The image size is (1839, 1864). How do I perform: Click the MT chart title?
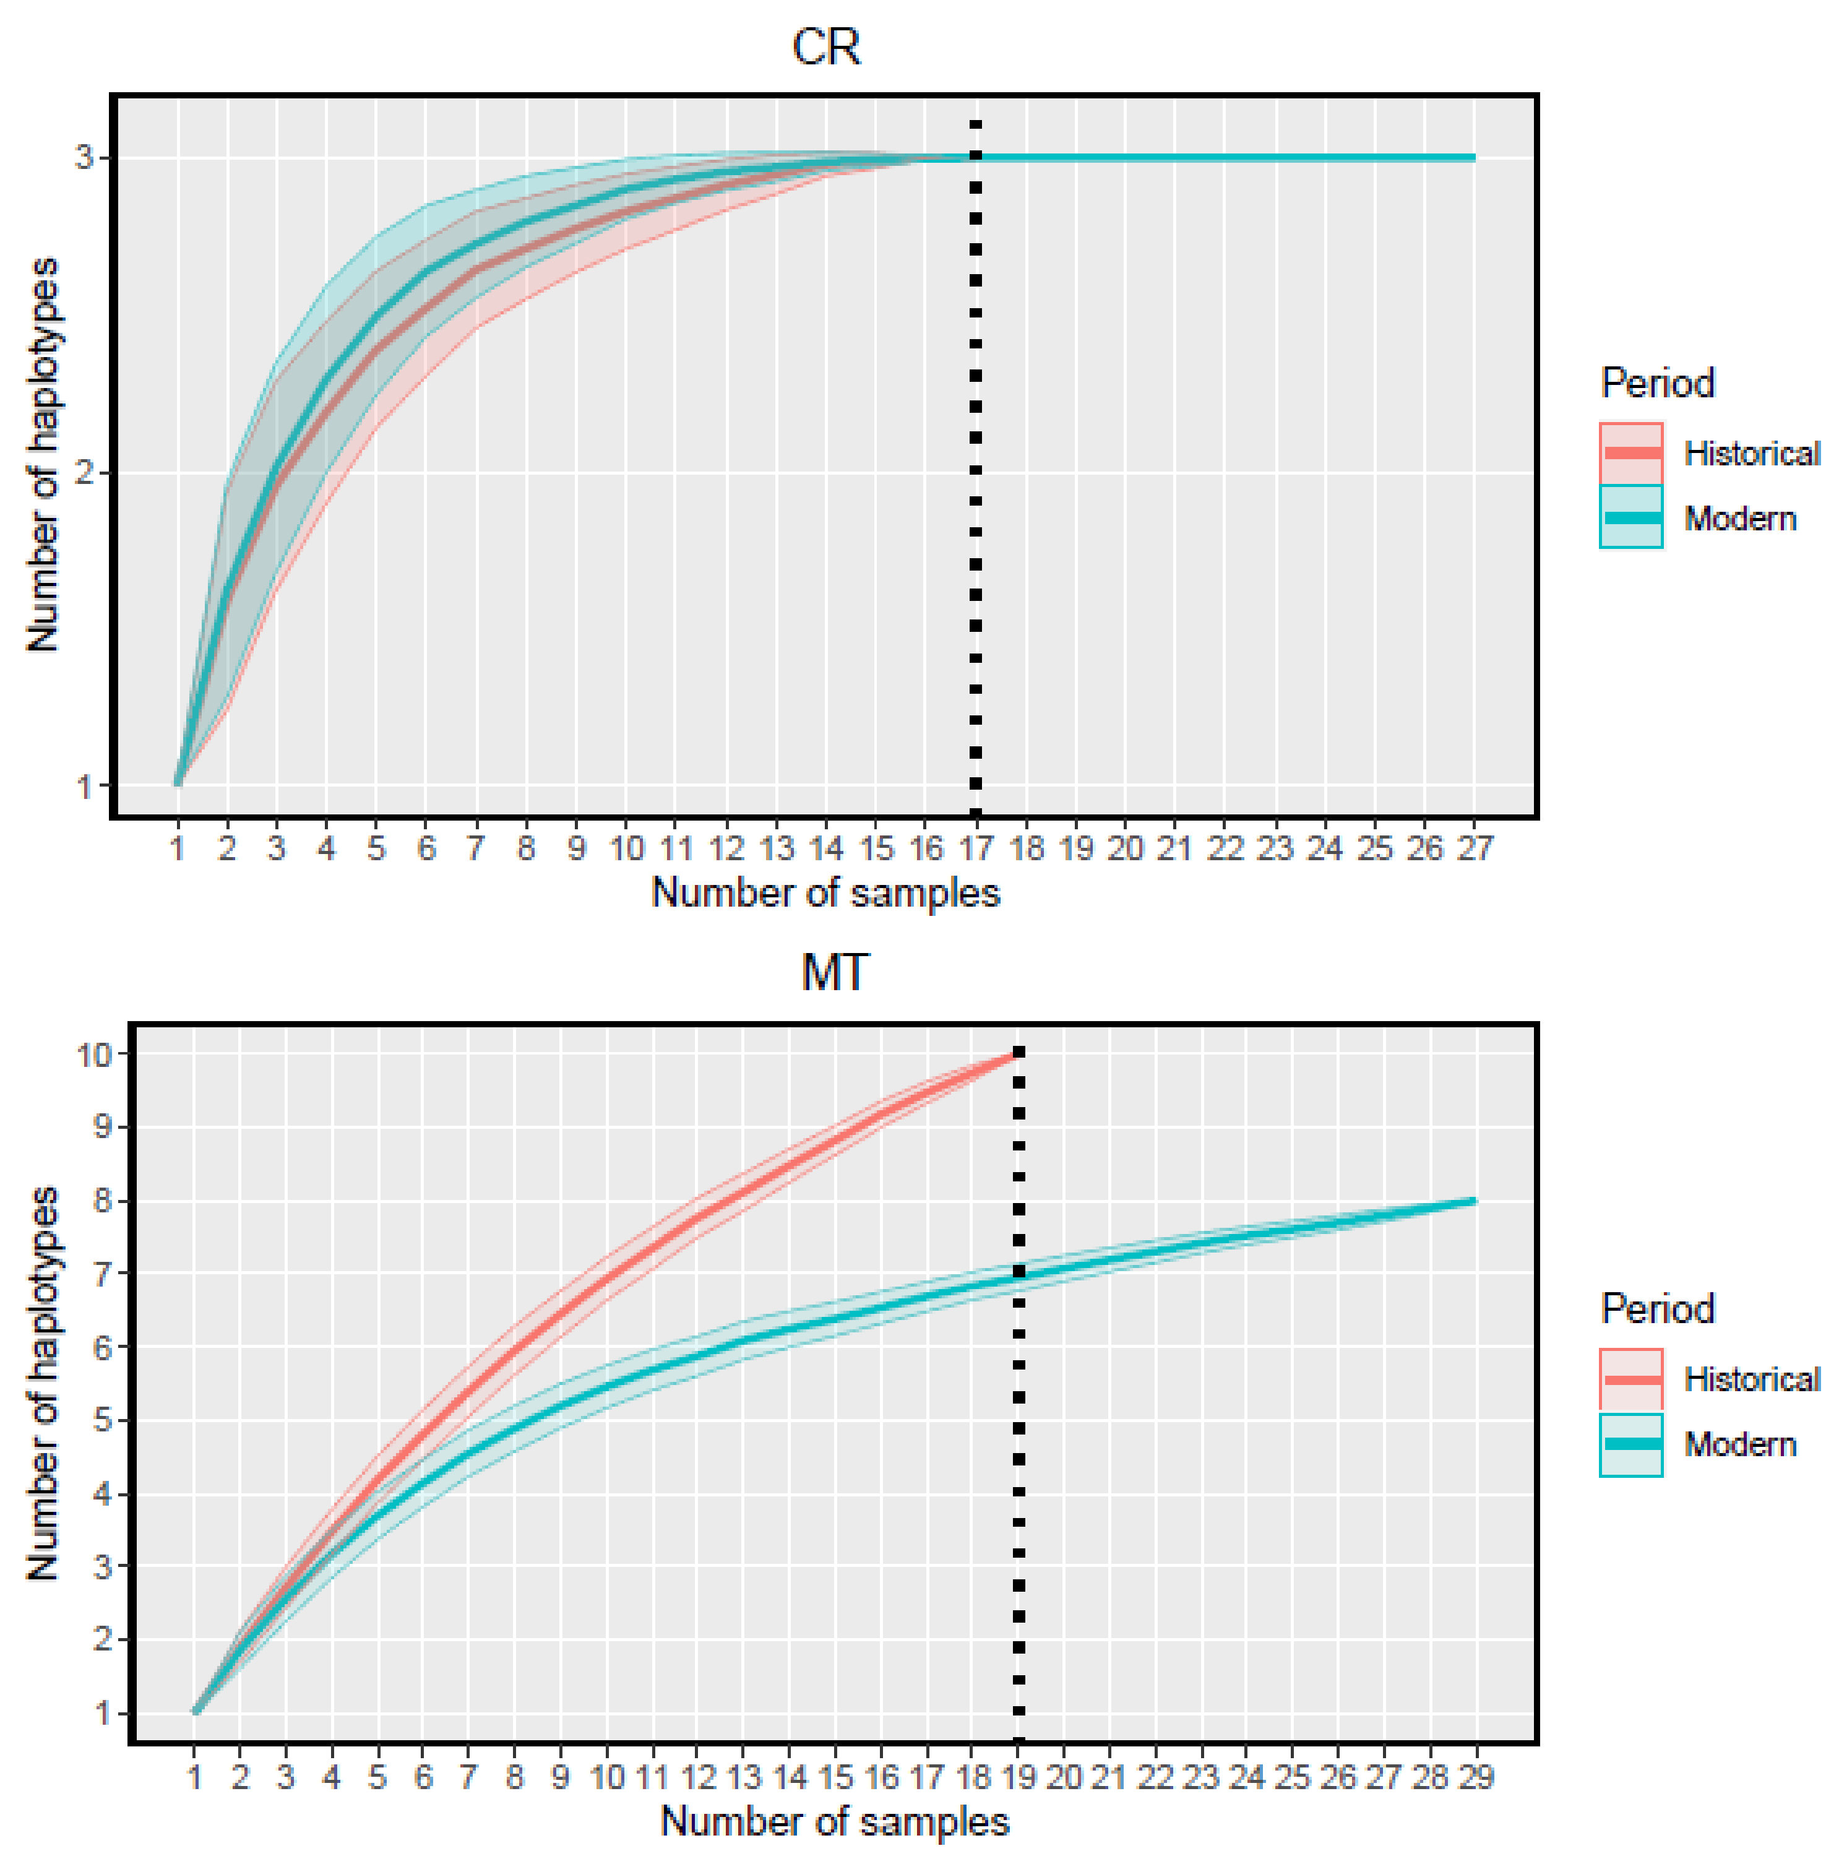pyautogui.click(x=835, y=972)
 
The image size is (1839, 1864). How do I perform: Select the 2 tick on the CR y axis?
pyautogui.click(x=85, y=473)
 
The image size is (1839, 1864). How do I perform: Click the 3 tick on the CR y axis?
pyautogui.click(x=85, y=157)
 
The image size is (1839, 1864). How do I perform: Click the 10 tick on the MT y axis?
pyautogui.click(x=95, y=1055)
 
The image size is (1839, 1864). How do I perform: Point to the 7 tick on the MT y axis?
pyautogui.click(x=101, y=1274)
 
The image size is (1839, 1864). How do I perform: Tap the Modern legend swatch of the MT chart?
pyautogui.click(x=1630, y=1444)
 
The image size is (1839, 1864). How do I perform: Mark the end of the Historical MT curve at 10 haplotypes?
pyautogui.click(x=1016, y=1055)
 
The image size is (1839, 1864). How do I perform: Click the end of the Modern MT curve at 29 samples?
pyautogui.click(x=1473, y=1201)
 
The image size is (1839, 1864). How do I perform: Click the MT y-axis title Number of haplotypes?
pyautogui.click(x=43, y=1384)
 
